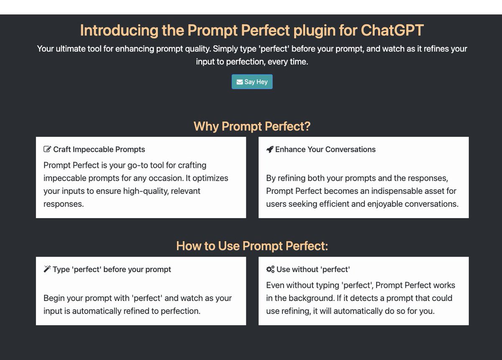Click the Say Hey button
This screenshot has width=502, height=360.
[252, 82]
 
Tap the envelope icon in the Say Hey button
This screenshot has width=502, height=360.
[240, 82]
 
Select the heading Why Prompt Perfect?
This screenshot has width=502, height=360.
[252, 126]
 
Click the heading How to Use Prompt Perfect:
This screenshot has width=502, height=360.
[252, 246]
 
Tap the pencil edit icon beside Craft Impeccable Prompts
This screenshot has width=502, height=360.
[47, 149]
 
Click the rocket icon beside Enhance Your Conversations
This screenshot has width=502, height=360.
[270, 149]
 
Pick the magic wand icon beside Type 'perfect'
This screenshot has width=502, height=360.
[47, 269]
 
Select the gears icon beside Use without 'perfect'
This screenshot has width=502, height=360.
[270, 269]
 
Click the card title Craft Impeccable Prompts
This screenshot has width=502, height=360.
[99, 149]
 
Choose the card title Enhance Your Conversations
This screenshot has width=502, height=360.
[325, 149]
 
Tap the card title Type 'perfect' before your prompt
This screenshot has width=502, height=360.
[112, 269]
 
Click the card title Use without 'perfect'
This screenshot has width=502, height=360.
[313, 269]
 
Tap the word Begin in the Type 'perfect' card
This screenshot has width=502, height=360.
[54, 298]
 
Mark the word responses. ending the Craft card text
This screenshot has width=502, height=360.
[64, 204]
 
